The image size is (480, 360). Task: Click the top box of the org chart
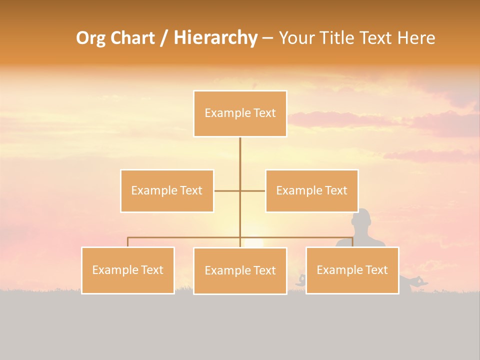(x=240, y=113)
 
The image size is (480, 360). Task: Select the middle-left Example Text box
(x=167, y=191)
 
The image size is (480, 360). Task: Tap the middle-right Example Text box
(x=311, y=191)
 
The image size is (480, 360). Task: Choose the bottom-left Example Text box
(x=128, y=270)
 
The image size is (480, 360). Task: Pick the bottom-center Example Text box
(x=240, y=271)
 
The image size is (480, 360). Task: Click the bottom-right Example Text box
(x=352, y=270)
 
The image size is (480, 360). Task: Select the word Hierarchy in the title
(x=215, y=38)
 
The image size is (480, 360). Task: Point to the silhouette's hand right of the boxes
(x=420, y=281)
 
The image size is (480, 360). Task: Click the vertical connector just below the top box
(x=240, y=150)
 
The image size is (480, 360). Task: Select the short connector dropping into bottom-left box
(x=128, y=242)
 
